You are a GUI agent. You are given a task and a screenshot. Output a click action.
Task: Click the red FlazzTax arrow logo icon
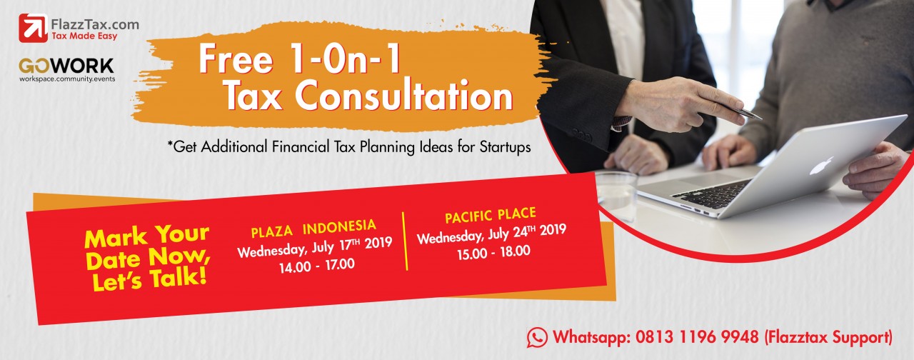[x=33, y=28]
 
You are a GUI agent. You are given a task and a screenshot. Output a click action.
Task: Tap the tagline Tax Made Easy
[x=84, y=36]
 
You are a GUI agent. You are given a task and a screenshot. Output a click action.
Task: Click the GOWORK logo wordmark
[x=66, y=66]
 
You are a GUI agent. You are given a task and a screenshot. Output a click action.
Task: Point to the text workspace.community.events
[x=67, y=79]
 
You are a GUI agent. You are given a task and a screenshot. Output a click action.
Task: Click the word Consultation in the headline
[x=403, y=95]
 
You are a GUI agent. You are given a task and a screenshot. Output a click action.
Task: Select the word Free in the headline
[x=236, y=59]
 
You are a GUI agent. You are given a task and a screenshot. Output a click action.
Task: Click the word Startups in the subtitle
[x=505, y=147]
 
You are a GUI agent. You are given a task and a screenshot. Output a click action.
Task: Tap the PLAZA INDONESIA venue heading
[x=313, y=229]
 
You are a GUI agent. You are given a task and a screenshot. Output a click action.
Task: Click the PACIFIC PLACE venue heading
[x=491, y=216]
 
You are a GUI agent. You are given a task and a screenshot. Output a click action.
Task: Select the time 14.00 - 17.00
[x=317, y=266]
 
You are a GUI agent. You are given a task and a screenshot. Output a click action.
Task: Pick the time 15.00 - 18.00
[x=493, y=252]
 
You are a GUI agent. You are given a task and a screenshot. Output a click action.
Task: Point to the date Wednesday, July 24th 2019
[x=492, y=234]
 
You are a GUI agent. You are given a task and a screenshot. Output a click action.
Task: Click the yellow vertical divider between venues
[x=405, y=241]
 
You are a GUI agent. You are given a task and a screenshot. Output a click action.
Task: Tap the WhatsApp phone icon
[x=537, y=338]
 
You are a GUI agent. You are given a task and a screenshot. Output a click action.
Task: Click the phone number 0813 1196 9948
[x=697, y=337]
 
